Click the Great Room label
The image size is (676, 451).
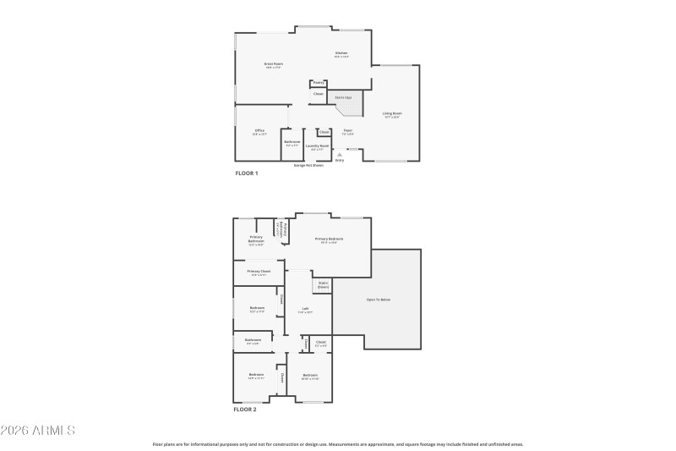point(273,65)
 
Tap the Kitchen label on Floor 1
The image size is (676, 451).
point(341,54)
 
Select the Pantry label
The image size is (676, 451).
point(319,83)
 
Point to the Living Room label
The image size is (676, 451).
point(392,114)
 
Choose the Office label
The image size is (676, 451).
point(259,131)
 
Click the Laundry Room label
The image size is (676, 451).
point(319,147)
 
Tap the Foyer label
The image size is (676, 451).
point(347,131)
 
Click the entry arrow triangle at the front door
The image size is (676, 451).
point(340,155)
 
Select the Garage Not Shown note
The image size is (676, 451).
point(308,166)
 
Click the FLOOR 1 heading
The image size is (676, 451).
point(247,173)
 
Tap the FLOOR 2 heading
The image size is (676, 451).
point(246,409)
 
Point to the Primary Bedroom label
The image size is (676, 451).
point(330,239)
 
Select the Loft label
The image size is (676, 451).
point(305,309)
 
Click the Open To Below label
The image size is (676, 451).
point(379,300)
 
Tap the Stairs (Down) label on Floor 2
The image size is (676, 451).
point(323,286)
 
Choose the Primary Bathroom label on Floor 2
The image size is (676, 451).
point(256,239)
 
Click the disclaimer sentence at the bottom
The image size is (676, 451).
point(338,443)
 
